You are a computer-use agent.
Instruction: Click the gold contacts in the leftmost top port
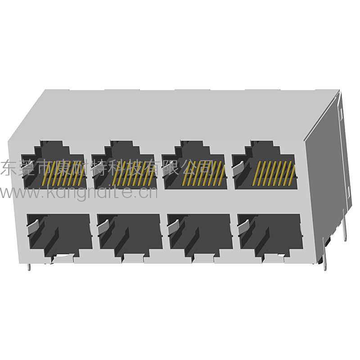[x=63, y=174]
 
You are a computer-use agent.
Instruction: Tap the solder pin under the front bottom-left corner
[x=29, y=267]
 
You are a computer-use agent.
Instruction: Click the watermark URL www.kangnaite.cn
[x=79, y=193]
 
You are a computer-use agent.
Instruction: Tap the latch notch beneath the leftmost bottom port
[x=63, y=258]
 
